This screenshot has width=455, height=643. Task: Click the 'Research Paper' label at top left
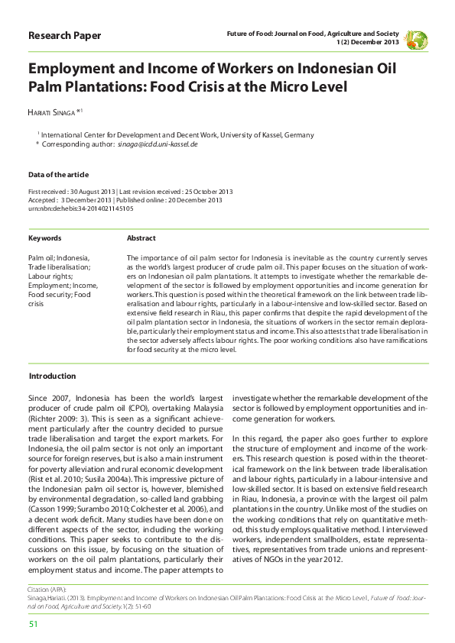point(64,36)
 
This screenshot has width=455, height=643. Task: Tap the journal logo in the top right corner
point(416,39)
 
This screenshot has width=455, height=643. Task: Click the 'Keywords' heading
point(45,238)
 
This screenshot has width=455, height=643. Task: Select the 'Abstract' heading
point(141,238)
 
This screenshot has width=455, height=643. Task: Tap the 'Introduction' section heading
point(52,376)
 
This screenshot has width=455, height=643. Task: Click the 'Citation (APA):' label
point(47,591)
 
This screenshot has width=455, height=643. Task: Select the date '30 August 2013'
point(90,191)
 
